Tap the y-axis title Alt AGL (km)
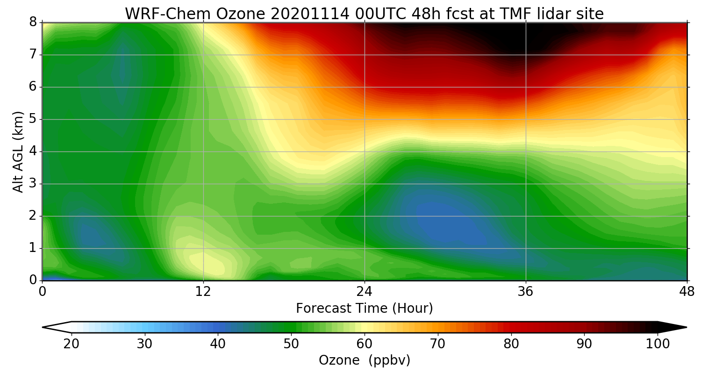18,151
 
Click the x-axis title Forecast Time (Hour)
365,309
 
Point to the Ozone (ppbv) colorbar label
365,360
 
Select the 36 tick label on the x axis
526,292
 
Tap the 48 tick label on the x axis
687,292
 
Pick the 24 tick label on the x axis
365,292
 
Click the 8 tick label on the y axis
33,22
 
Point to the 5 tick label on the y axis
33,119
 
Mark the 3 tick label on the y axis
33,184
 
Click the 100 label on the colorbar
658,344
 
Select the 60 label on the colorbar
365,344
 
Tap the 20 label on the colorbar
72,344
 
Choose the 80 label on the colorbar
511,344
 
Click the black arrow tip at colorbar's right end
678,327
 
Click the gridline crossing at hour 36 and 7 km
526,55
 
